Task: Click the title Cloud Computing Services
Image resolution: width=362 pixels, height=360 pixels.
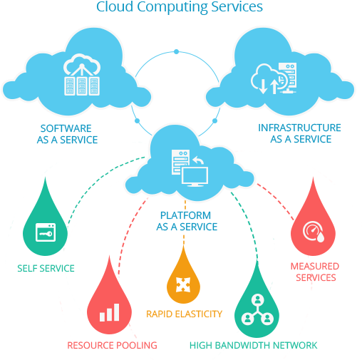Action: (180, 7)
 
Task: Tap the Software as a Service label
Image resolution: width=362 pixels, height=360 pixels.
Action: (67, 134)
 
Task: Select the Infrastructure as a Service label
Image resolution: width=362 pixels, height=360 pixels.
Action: (300, 133)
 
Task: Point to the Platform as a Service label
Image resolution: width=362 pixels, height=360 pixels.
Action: (187, 221)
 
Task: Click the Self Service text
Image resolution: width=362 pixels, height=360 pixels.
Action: (46, 269)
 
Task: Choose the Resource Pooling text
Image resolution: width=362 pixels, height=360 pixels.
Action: (112, 346)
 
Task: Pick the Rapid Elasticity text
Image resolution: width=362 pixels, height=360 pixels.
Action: (184, 314)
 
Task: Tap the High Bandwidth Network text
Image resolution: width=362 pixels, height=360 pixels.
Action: (254, 346)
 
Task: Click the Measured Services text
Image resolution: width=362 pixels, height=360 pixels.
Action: (315, 272)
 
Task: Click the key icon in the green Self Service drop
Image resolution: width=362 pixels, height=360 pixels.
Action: (46, 232)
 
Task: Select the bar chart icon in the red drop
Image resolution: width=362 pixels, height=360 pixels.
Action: (109, 312)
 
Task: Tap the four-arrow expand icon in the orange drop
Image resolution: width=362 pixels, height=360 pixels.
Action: (183, 284)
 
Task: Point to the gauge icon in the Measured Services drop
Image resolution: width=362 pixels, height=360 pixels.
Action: (314, 232)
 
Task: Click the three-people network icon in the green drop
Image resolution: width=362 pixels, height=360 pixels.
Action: (257, 309)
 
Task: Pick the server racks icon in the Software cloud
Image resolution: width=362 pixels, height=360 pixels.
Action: (82, 75)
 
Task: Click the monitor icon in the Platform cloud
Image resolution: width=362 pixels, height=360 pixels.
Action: (195, 176)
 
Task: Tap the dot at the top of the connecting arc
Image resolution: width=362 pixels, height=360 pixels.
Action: (176, 51)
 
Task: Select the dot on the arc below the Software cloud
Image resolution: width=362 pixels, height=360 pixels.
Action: (137, 121)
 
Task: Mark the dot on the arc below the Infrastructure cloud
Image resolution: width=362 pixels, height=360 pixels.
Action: (214, 121)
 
